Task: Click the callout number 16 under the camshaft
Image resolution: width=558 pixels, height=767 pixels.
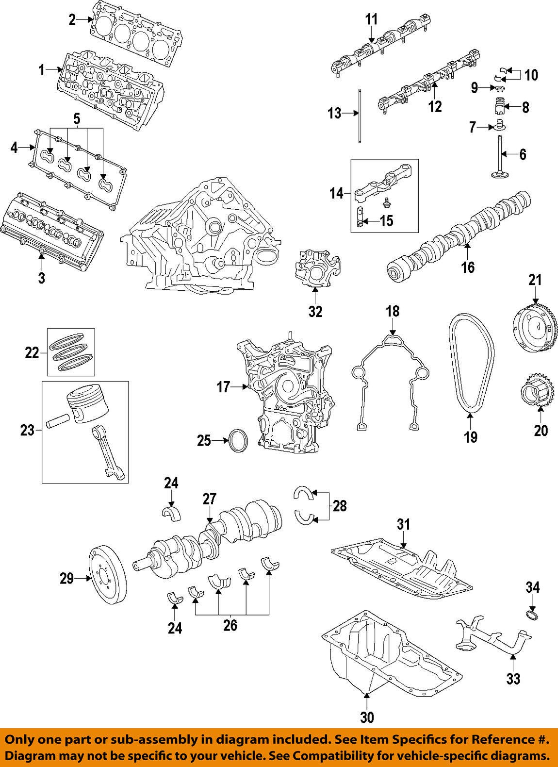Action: pyautogui.click(x=468, y=267)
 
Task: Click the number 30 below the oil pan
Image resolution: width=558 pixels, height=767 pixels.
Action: pyautogui.click(x=367, y=717)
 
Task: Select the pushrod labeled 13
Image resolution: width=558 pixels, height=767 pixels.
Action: pyautogui.click(x=360, y=115)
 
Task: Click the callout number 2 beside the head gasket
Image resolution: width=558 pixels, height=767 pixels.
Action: pyautogui.click(x=72, y=19)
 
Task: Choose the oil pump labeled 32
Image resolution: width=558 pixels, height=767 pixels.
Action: pyautogui.click(x=315, y=267)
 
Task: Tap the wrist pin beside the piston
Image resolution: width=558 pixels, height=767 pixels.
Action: pyautogui.click(x=57, y=421)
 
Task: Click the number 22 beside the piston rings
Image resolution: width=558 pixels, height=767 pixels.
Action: pyautogui.click(x=32, y=352)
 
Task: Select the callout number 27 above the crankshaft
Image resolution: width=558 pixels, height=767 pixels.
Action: pyautogui.click(x=209, y=499)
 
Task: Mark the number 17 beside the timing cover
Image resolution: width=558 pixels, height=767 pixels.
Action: pyautogui.click(x=223, y=387)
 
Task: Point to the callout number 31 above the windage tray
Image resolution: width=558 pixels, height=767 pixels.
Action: pyautogui.click(x=404, y=524)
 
